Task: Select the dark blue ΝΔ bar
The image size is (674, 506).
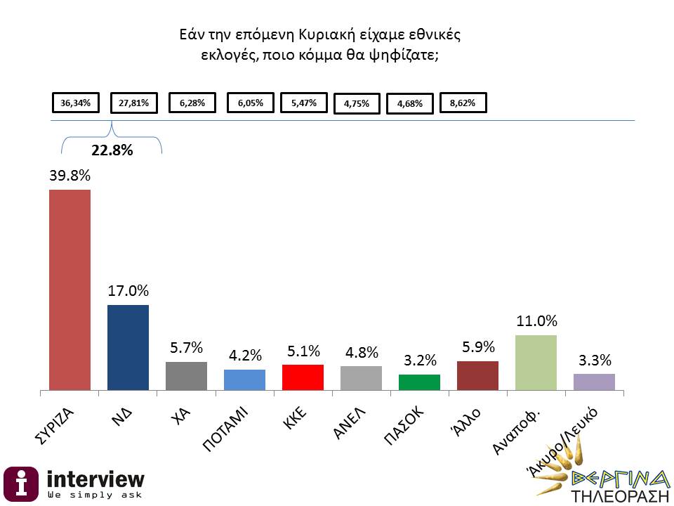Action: click(x=128, y=347)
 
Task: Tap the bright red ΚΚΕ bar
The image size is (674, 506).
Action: click(x=303, y=377)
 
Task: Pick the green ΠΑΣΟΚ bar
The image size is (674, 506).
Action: click(x=419, y=382)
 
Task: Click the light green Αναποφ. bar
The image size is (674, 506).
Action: click(x=536, y=363)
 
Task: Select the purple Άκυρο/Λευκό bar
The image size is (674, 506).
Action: click(x=594, y=382)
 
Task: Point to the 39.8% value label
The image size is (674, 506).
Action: click(x=70, y=176)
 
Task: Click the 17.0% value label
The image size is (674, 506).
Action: click(x=128, y=290)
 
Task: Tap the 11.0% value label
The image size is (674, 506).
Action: click(x=536, y=321)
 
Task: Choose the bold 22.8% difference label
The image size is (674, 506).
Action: click(x=112, y=149)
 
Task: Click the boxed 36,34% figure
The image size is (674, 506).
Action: click(x=76, y=103)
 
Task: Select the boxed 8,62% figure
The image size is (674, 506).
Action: click(x=463, y=103)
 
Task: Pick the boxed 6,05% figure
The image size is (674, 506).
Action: click(x=251, y=103)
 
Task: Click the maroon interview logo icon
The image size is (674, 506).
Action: click(x=22, y=484)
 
